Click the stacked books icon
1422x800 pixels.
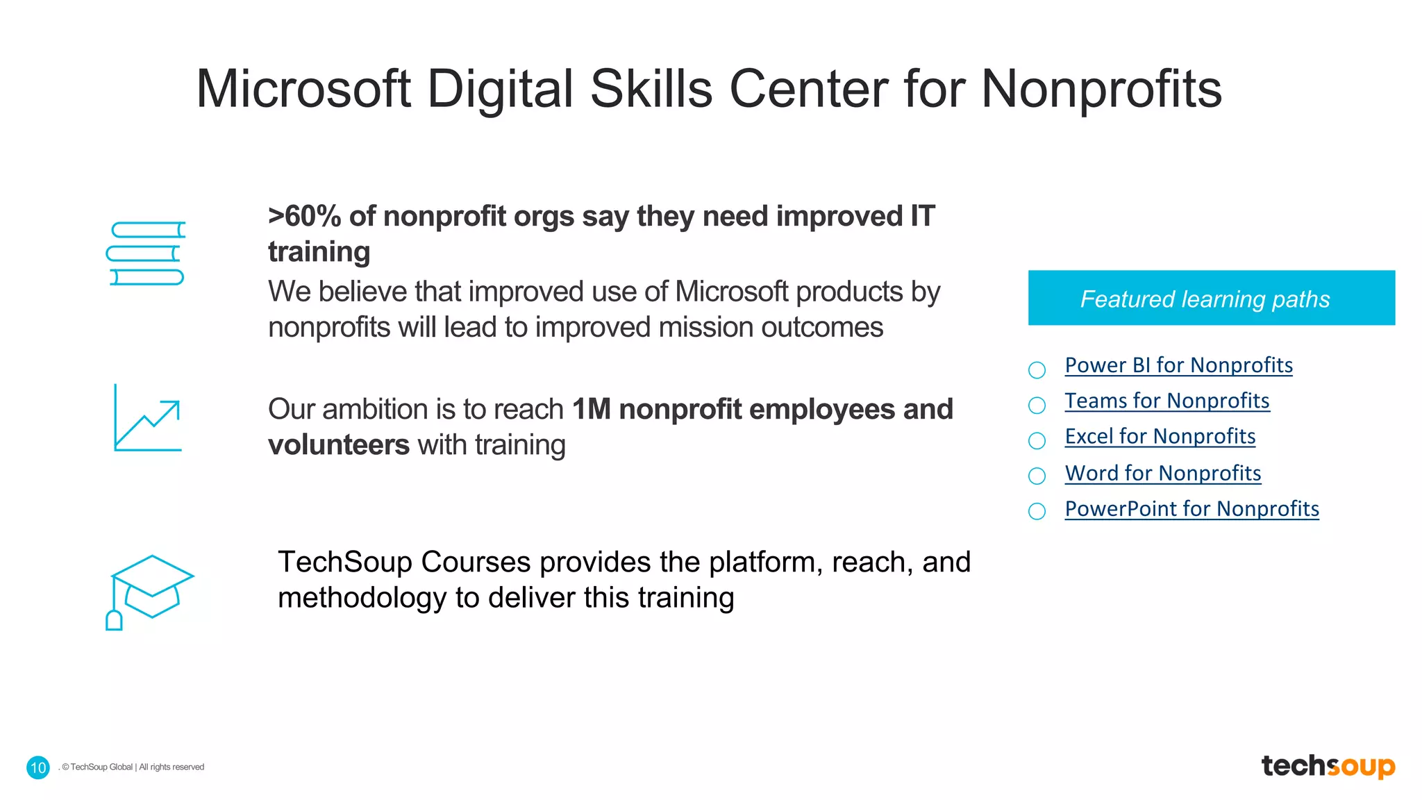coord(146,253)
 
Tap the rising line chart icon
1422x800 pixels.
coord(147,418)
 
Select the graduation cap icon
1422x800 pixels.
coord(150,590)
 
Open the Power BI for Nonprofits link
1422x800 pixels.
coord(1178,365)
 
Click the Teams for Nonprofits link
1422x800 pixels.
coord(1166,401)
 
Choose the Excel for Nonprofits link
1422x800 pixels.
coord(1160,436)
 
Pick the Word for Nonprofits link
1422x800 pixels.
coord(1162,473)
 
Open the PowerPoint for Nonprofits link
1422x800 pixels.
coord(1191,509)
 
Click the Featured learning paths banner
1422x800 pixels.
coord(1211,298)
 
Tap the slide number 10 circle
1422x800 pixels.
coord(38,767)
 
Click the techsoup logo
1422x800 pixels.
coord(1328,766)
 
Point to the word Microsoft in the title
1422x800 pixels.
coord(303,89)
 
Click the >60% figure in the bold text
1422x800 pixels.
coord(304,217)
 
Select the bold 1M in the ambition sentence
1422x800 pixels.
coord(591,410)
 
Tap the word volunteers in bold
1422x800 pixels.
coord(339,445)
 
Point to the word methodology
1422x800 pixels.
coord(362,598)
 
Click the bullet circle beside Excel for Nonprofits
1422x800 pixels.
coord(1037,440)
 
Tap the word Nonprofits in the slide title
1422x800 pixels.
coord(1101,89)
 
